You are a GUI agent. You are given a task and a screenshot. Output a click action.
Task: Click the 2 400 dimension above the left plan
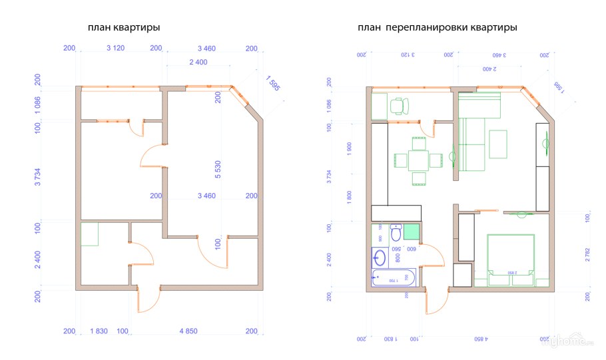click(198, 62)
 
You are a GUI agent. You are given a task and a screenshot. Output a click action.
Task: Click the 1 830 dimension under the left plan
click(99, 331)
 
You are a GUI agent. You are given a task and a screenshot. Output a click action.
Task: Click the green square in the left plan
click(89, 234)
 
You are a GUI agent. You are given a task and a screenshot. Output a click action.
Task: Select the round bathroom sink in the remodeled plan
click(380, 256)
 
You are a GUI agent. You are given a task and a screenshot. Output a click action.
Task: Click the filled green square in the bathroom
click(412, 232)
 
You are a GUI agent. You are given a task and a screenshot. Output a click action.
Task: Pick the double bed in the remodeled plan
click(511, 260)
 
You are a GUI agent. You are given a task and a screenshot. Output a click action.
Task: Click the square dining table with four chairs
click(419, 160)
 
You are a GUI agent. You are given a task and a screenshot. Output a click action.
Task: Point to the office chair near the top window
click(398, 104)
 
